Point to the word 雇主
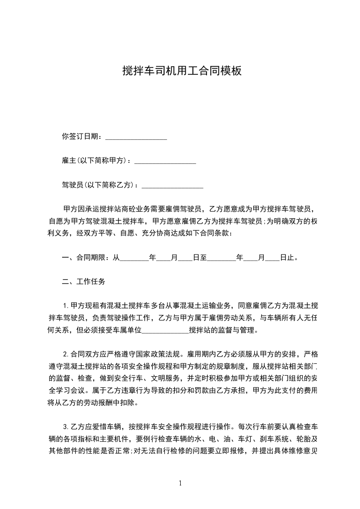pos(69,161)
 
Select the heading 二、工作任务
pos(84,282)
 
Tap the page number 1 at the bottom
pos(180,483)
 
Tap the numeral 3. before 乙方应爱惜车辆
pos(66,427)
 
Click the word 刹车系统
pos(262,439)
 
